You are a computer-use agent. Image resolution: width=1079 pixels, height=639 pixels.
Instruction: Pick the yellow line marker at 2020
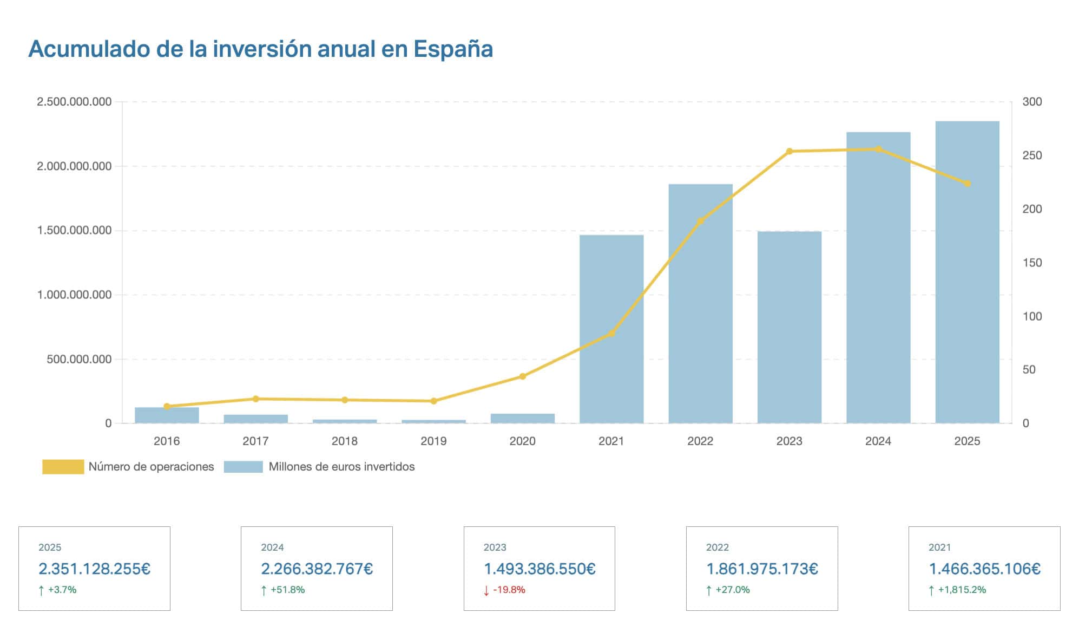click(x=522, y=376)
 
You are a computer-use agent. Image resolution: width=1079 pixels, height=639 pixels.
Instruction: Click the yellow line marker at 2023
click(x=789, y=151)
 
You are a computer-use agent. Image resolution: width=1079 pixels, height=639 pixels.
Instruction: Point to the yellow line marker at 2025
click(x=967, y=184)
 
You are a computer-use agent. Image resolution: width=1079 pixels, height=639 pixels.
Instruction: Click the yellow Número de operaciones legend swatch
click(x=63, y=467)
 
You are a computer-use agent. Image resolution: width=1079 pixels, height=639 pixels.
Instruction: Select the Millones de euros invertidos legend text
click(x=341, y=467)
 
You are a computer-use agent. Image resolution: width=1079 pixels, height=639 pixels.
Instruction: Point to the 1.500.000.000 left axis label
click(x=74, y=231)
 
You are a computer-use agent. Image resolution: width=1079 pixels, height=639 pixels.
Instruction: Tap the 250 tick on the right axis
click(x=1031, y=155)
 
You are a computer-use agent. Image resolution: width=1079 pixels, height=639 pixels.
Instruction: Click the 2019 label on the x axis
click(x=433, y=441)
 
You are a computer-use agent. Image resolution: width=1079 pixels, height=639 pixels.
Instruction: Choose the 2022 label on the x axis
click(x=700, y=441)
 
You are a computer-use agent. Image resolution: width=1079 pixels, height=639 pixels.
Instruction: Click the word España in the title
click(x=453, y=49)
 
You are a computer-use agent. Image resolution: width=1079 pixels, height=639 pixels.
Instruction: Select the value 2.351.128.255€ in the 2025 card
click(x=94, y=569)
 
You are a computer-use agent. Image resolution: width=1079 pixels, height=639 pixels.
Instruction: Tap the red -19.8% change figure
click(x=509, y=590)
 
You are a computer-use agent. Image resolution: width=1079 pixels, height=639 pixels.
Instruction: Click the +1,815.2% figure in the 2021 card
click(x=962, y=590)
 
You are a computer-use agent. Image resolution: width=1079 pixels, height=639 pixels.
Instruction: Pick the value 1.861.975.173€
click(x=762, y=569)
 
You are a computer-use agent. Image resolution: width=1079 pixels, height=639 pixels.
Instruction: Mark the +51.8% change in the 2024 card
click(x=287, y=590)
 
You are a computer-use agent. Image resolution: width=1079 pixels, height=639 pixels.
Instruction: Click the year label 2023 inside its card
click(x=495, y=547)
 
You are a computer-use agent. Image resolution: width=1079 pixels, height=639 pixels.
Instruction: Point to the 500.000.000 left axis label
click(x=79, y=359)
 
